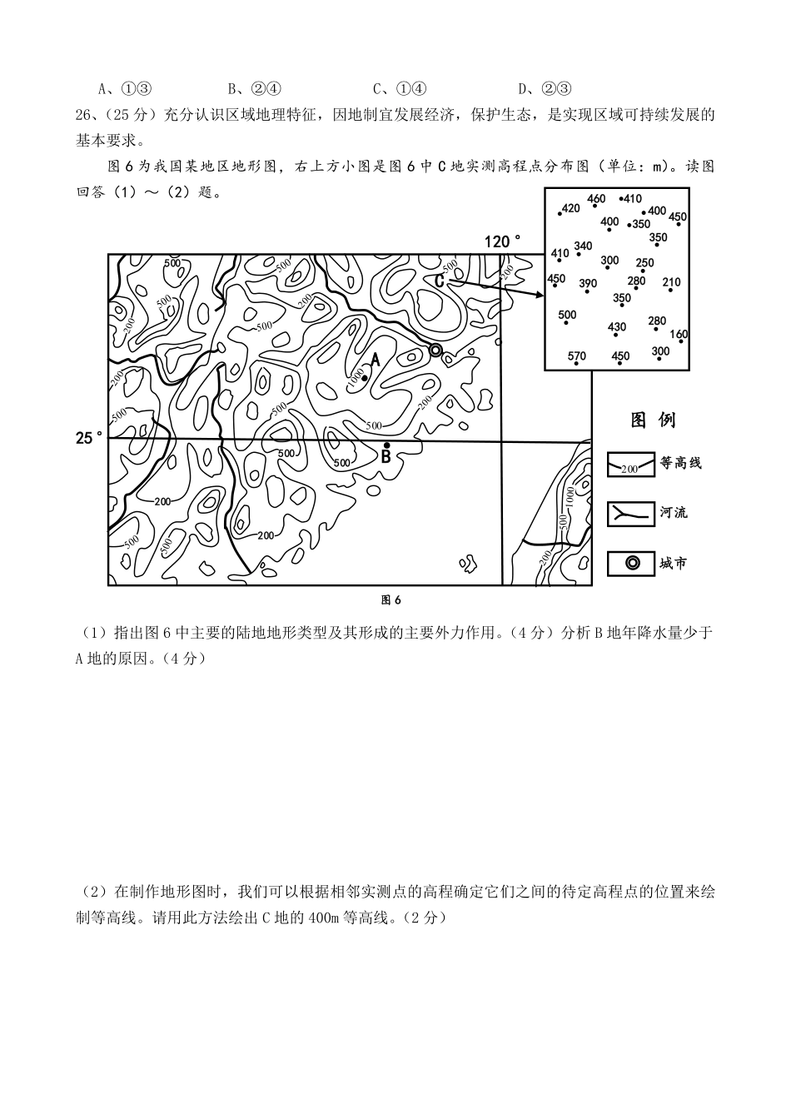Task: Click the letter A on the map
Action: tap(376, 360)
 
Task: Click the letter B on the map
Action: tap(386, 456)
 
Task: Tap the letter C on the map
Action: tap(440, 281)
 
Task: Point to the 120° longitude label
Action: tap(503, 241)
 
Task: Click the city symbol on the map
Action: tap(435, 351)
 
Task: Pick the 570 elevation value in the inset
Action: tap(577, 356)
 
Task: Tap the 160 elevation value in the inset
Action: tap(679, 335)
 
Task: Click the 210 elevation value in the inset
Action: tap(671, 283)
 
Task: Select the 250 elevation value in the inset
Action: tap(644, 263)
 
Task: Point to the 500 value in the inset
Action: tap(567, 315)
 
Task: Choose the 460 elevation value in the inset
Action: tap(596, 198)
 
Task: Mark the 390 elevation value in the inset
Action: tap(588, 284)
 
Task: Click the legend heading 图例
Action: tap(654, 420)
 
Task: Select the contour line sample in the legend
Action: tap(629, 465)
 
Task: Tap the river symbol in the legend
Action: tap(629, 513)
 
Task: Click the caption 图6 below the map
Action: tap(391, 599)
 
